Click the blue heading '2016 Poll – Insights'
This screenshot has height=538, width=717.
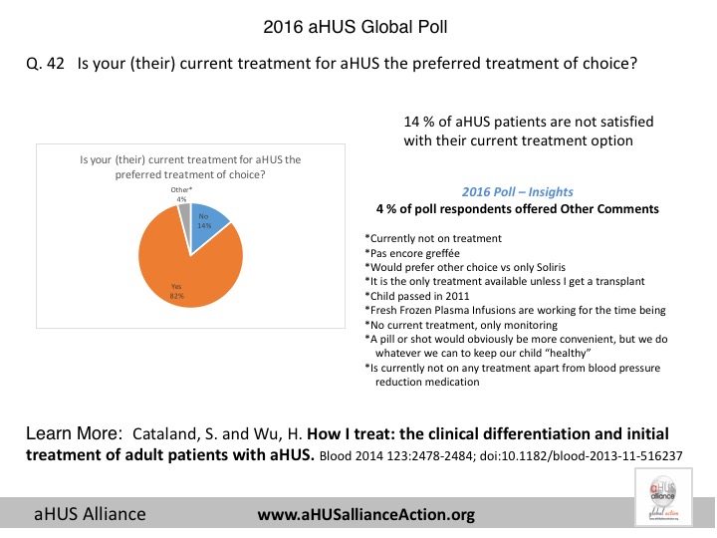[517, 191]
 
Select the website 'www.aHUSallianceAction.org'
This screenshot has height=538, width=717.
[365, 515]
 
